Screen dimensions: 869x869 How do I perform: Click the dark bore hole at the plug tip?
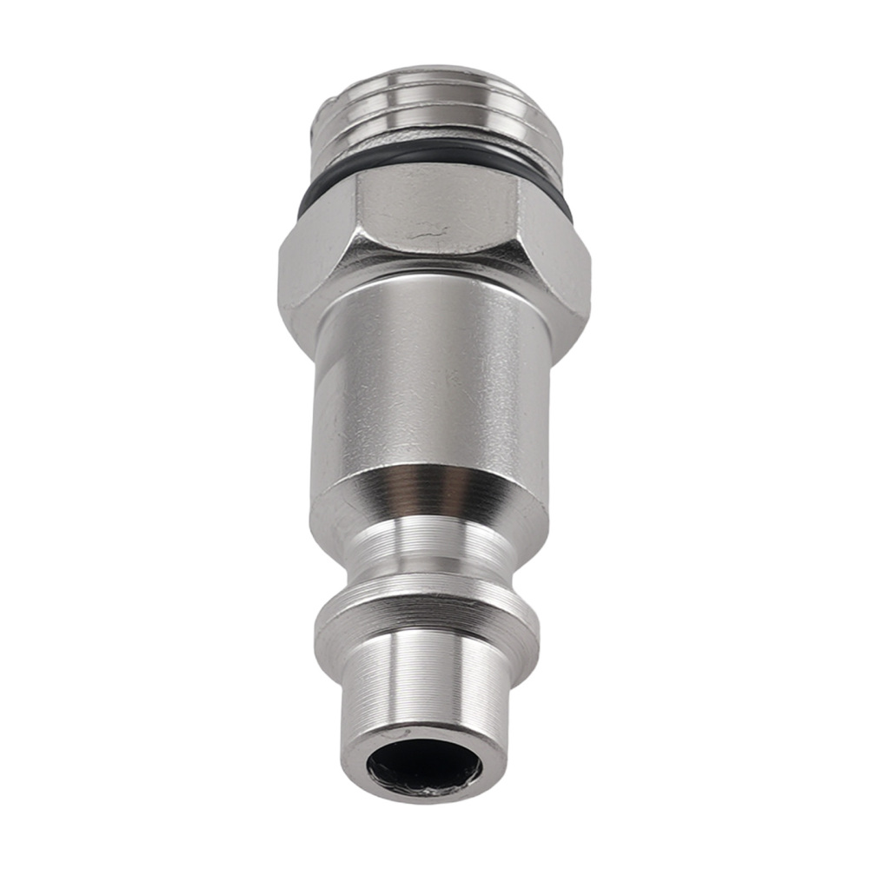[423, 767]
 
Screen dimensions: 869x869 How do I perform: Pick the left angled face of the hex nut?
[317, 261]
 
